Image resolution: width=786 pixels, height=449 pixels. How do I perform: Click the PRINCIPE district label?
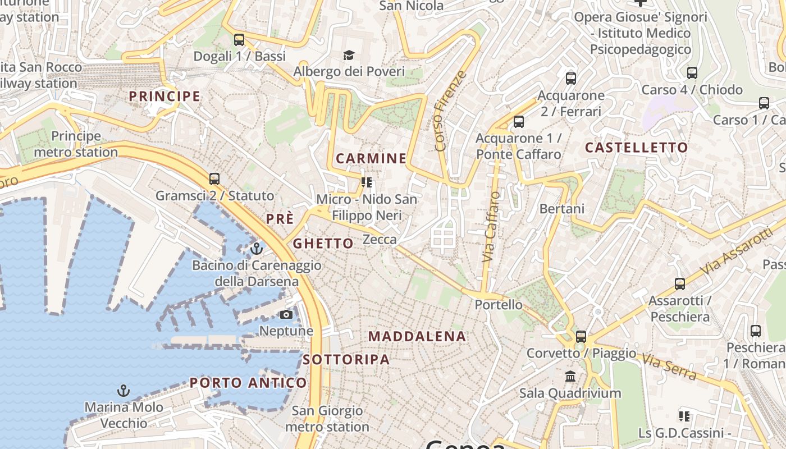click(x=164, y=96)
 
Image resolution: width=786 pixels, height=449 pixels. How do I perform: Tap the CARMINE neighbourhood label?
click(x=371, y=158)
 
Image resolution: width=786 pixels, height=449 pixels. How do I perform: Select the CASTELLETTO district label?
click(x=636, y=148)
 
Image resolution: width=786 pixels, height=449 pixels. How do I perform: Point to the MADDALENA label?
click(x=417, y=337)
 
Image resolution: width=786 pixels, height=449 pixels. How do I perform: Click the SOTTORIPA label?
click(x=346, y=360)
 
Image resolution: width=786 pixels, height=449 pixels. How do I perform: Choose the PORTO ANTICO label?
click(x=248, y=383)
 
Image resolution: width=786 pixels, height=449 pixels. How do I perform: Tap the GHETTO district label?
click(x=323, y=244)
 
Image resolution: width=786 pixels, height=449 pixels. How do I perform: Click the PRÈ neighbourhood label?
click(x=280, y=219)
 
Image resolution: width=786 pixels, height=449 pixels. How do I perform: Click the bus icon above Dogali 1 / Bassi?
click(x=239, y=40)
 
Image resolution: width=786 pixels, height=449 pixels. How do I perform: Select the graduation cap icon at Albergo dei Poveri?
click(x=349, y=55)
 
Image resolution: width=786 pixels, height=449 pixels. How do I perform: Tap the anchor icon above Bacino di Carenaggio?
click(x=257, y=248)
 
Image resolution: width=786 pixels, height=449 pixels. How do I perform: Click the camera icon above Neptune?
click(x=286, y=314)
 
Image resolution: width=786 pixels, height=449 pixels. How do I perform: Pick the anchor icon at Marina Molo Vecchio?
click(x=124, y=390)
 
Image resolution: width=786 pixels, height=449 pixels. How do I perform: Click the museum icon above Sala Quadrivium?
click(x=570, y=376)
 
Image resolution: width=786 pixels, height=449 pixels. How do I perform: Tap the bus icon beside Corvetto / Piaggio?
click(x=581, y=337)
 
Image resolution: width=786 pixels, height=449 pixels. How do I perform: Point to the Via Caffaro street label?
click(x=491, y=227)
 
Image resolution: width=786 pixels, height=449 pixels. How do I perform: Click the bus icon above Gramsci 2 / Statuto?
click(x=214, y=179)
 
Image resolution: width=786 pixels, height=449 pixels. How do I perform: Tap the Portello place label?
click(x=499, y=305)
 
